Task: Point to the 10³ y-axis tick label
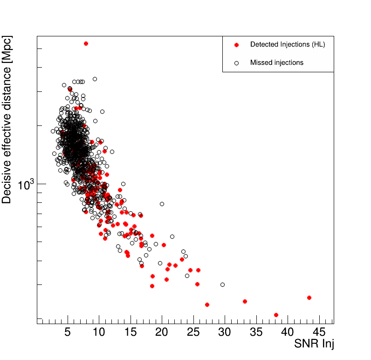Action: pyautogui.click(x=26, y=185)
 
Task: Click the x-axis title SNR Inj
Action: pyautogui.click(x=314, y=344)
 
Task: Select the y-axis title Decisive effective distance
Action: pyautogui.click(x=7, y=120)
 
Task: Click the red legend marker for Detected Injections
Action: pyautogui.click(x=236, y=45)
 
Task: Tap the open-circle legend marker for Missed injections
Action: pyautogui.click(x=236, y=62)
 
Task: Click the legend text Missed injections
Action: pyautogui.click(x=277, y=62)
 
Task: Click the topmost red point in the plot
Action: pyautogui.click(x=86, y=43)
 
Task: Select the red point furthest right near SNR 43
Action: pyautogui.click(x=309, y=298)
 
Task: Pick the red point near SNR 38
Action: pyautogui.click(x=276, y=315)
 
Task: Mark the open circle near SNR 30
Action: pyautogui.click(x=222, y=284)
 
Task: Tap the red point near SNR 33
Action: pyautogui.click(x=245, y=301)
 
